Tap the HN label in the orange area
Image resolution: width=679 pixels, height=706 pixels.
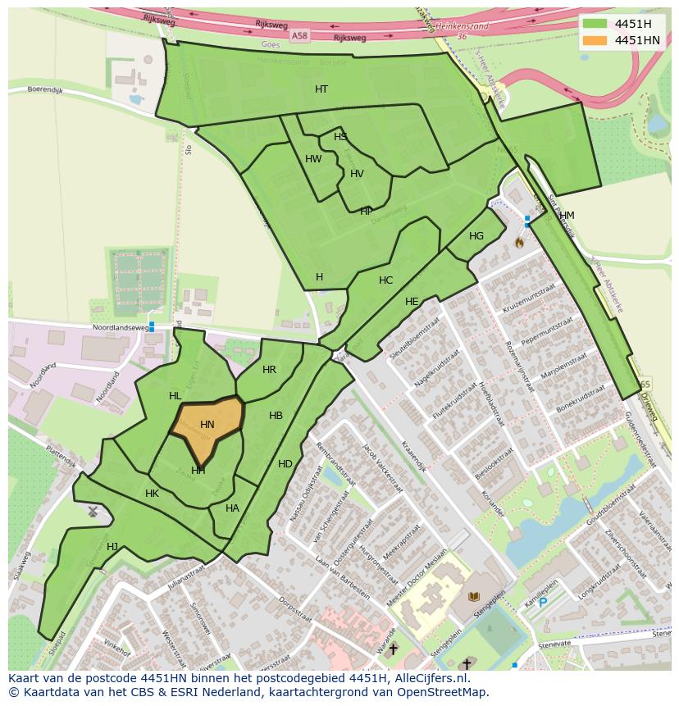pyautogui.click(x=207, y=425)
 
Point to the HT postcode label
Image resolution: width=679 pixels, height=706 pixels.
pyautogui.click(x=321, y=89)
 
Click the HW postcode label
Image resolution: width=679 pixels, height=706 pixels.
pyautogui.click(x=313, y=159)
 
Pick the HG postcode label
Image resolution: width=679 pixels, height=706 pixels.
pyautogui.click(x=476, y=236)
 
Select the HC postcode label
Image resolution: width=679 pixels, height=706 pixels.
pyautogui.click(x=385, y=280)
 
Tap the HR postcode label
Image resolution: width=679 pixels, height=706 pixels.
pyautogui.click(x=269, y=370)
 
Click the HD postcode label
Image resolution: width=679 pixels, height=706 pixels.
pyautogui.click(x=285, y=464)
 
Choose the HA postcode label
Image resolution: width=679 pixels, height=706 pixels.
pyautogui.click(x=232, y=508)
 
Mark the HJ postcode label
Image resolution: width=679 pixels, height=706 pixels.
pyautogui.click(x=112, y=547)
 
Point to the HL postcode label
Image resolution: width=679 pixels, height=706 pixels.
pyautogui.click(x=175, y=396)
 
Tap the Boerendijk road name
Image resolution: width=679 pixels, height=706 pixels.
pyautogui.click(x=45, y=89)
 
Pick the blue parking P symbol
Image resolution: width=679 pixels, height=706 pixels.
pyautogui.click(x=543, y=603)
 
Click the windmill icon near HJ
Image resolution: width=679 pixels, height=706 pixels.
pyautogui.click(x=93, y=512)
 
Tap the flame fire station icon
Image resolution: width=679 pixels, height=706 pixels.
pyautogui.click(x=518, y=243)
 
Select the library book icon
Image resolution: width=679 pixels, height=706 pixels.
pyautogui.click(x=473, y=597)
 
